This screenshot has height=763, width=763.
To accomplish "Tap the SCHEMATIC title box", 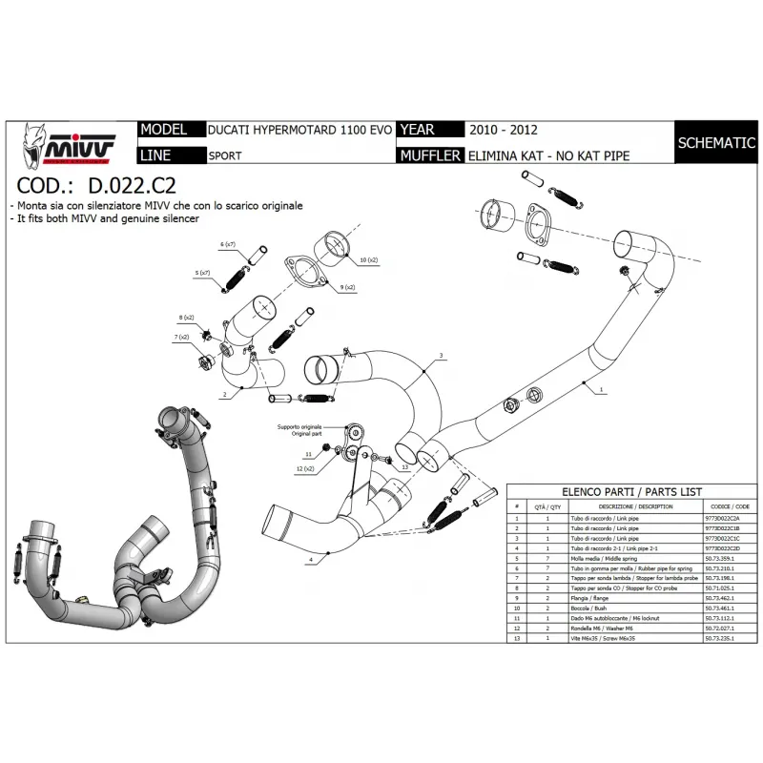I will point(715,143).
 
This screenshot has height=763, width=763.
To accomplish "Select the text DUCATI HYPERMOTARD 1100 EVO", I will point(299,131).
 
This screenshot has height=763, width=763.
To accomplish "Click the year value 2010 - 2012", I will point(503,130).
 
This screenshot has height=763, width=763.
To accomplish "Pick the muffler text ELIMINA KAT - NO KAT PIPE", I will point(548,155).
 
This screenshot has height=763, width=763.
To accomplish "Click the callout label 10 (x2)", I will point(368,259).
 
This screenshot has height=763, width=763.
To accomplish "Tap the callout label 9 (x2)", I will point(348,286).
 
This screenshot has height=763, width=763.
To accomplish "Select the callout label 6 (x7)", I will point(227,245).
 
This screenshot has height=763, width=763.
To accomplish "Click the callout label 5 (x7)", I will point(203,274).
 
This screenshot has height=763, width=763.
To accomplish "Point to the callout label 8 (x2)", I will point(187,317).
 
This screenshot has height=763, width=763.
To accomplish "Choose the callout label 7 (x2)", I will point(181,338).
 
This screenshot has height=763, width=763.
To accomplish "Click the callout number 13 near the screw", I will point(404,467).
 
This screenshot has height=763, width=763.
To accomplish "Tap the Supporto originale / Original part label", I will point(299,430).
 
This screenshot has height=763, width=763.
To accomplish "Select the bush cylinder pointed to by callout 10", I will point(335,245).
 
